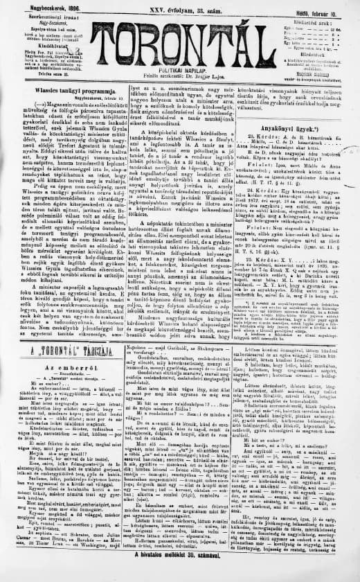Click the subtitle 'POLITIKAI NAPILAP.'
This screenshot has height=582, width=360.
(179, 70)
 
